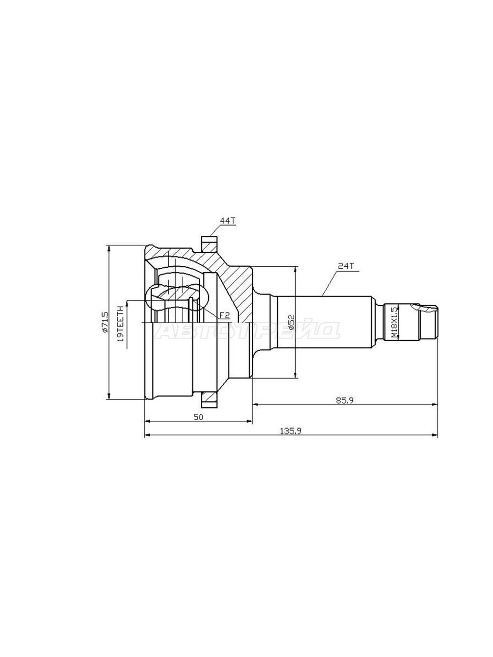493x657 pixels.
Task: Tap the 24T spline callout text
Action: (x=346, y=266)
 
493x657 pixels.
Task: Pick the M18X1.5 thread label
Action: (x=394, y=322)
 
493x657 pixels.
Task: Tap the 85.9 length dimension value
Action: (x=344, y=400)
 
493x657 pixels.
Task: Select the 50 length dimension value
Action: (x=198, y=417)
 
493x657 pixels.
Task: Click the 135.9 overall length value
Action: (x=291, y=431)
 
